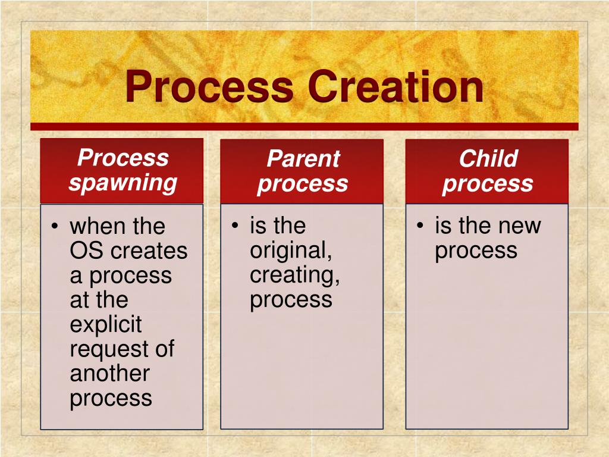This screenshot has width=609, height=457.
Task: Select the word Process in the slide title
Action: coord(210,86)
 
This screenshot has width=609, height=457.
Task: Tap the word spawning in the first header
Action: coord(123,183)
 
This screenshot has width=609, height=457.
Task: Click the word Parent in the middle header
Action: coord(303,159)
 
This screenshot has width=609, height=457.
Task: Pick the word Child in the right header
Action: coord(488,159)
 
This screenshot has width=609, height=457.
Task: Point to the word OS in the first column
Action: coord(87,251)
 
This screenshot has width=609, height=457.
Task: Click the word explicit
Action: coord(106,325)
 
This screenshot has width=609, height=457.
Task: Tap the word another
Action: coord(109,373)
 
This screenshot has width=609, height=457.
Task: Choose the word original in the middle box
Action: coord(290,251)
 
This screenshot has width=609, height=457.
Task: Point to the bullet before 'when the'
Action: coord(55,227)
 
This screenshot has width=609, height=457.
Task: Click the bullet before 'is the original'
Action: coord(236,226)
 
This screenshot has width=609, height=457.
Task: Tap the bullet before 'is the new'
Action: coord(420,226)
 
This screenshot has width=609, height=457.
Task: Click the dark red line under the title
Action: coord(304,127)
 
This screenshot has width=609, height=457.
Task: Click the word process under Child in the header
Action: coord(488,184)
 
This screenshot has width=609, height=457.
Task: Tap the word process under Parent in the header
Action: coord(303,184)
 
